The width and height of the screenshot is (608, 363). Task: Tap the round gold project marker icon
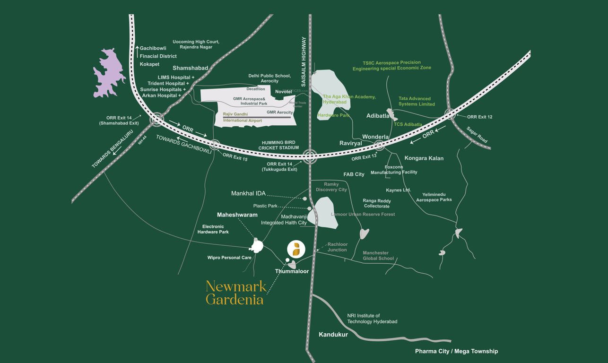point(296,249)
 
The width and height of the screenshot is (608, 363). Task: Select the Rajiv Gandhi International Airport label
point(242,117)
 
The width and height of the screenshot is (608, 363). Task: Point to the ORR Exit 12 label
point(480,117)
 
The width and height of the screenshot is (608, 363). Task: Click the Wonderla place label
point(375,137)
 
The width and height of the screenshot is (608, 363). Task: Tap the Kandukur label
point(333,335)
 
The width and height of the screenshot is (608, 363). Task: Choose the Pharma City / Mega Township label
point(456,351)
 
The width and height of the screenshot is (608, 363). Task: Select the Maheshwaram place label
point(237,215)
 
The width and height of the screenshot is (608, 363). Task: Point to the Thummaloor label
point(292,271)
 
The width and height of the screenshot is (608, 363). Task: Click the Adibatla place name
point(378,115)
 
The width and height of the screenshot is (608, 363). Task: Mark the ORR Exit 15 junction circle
point(215,145)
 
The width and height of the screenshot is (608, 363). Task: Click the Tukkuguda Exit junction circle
point(310,156)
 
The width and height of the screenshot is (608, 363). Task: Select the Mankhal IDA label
point(248,193)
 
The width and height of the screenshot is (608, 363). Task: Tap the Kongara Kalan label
point(424,158)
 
